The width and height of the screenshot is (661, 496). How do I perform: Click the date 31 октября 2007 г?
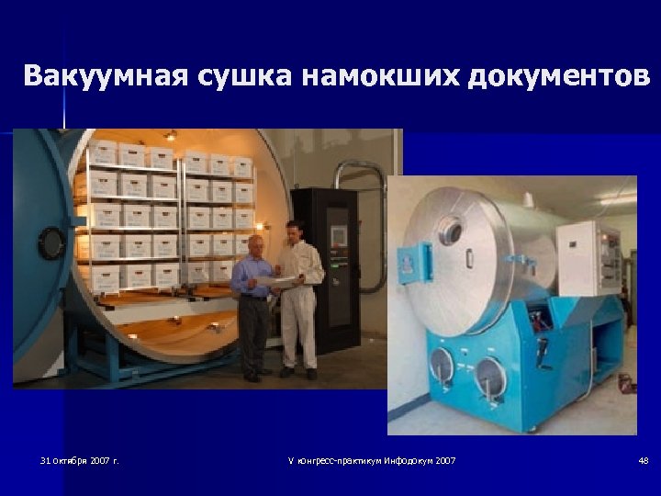(80, 460)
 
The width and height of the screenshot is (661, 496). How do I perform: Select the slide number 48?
(643, 460)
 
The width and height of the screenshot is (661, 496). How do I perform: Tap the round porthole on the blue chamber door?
(50, 242)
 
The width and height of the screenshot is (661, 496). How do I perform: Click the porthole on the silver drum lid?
(451, 230)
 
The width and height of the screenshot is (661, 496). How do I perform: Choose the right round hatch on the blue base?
(490, 377)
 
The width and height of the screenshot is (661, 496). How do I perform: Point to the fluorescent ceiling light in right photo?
(618, 199)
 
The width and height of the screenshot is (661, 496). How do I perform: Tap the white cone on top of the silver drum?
(528, 198)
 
